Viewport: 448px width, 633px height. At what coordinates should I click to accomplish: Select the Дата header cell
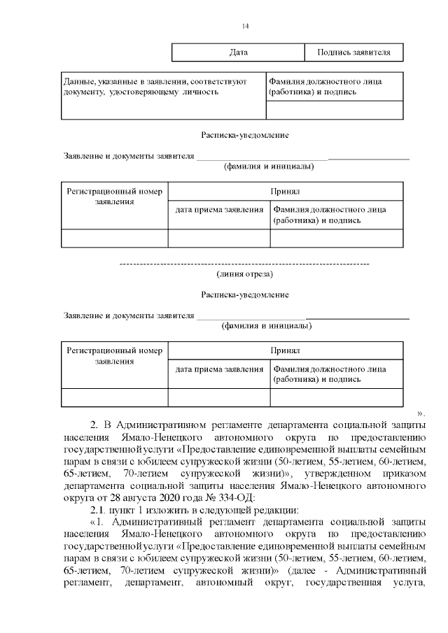coord(238,52)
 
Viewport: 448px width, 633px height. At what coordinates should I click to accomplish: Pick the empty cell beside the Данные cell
coord(335,111)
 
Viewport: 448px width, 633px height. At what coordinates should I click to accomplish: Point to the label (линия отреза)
coord(245,273)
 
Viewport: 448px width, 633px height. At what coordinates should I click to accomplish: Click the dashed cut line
coord(245,264)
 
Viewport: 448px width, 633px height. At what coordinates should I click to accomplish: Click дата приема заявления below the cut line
coord(219,369)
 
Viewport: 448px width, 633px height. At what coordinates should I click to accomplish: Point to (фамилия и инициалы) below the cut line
coord(267,326)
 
